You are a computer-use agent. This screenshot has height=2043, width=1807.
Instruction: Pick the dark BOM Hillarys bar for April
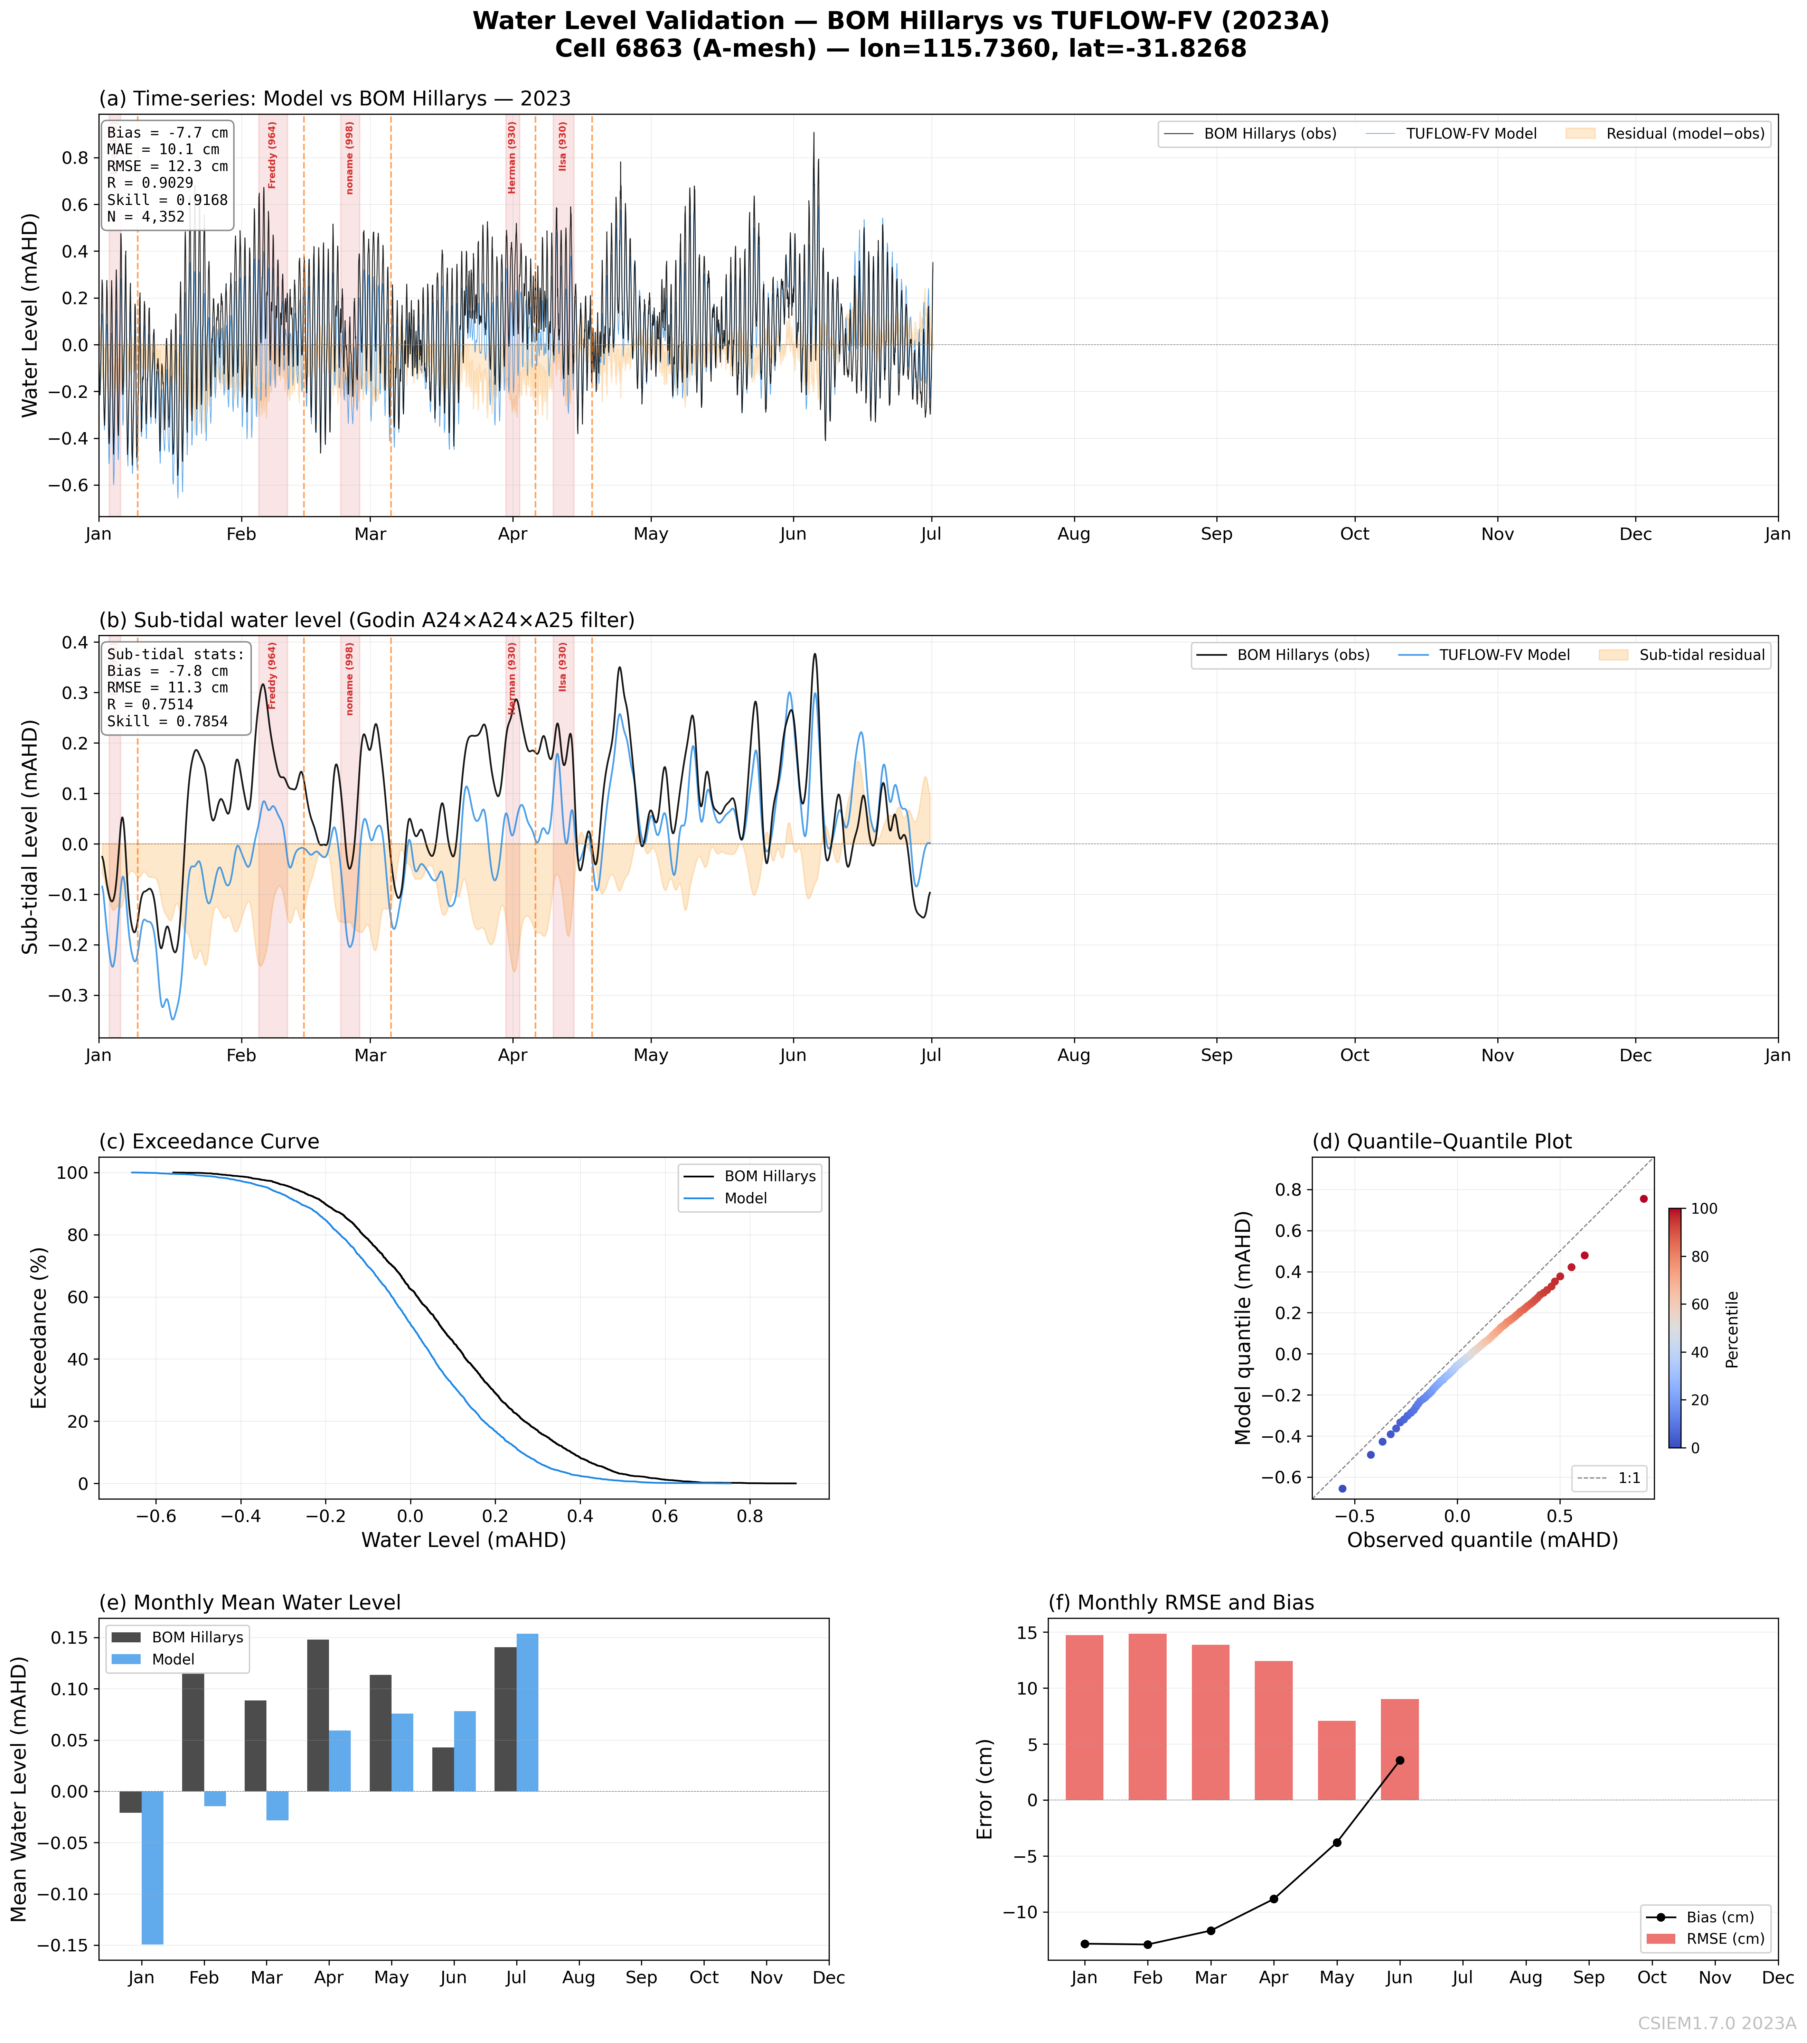click(318, 1715)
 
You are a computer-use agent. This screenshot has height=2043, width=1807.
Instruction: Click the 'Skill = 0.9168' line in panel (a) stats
click(167, 200)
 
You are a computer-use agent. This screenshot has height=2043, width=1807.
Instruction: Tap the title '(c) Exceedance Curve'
click(209, 1141)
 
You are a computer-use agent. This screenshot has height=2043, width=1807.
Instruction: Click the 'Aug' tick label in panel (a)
click(1073, 534)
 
